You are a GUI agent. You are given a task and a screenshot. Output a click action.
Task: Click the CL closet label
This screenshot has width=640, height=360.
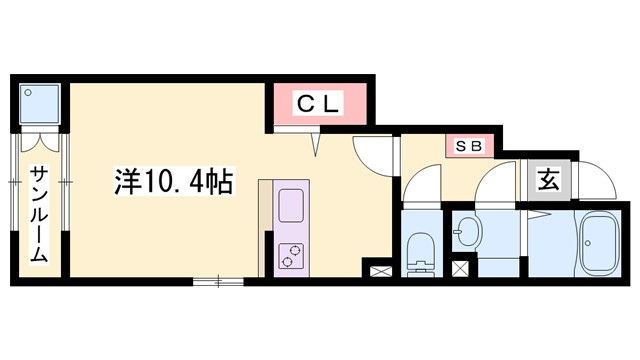pos(318,102)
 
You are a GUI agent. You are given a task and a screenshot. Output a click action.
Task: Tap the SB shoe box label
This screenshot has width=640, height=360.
pos(470,146)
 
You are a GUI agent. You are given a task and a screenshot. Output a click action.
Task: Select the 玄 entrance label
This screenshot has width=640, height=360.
pos(549,181)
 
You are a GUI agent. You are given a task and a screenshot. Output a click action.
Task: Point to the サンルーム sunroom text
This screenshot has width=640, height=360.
pos(38,212)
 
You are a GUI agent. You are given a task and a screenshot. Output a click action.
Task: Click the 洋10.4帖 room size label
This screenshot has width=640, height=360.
pos(174,182)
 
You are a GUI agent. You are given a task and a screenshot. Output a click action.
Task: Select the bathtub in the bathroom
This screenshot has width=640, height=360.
pos(601,242)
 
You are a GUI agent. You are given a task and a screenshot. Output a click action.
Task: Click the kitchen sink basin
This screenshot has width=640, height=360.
pos(291,206)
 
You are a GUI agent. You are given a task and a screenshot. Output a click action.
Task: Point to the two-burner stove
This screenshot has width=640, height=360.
pos(291,256)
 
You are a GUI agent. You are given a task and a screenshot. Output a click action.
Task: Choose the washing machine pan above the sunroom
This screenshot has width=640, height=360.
pos(41,104)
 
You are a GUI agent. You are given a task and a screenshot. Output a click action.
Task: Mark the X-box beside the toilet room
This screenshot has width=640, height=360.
pos(381,268)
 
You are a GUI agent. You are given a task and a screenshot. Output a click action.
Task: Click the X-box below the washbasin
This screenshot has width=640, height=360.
pos(460,268)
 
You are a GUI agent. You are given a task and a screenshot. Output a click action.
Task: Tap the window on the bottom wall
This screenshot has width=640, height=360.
pos(217,281)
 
